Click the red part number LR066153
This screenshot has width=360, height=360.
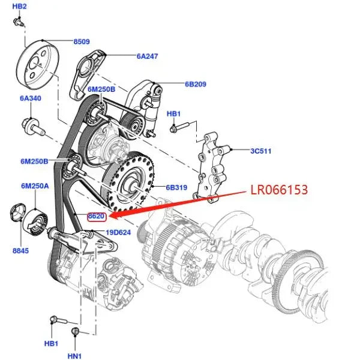[279, 190]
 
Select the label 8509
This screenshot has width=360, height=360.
[82, 42]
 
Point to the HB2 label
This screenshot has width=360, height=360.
[19, 6]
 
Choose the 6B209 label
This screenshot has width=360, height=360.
[196, 85]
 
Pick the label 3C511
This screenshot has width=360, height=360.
[260, 151]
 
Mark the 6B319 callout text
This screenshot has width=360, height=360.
[177, 187]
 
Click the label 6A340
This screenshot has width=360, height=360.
[30, 99]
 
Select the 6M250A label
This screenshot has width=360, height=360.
[34, 187]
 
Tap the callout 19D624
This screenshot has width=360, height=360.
[118, 232]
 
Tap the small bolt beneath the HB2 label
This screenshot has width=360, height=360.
[19, 22]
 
